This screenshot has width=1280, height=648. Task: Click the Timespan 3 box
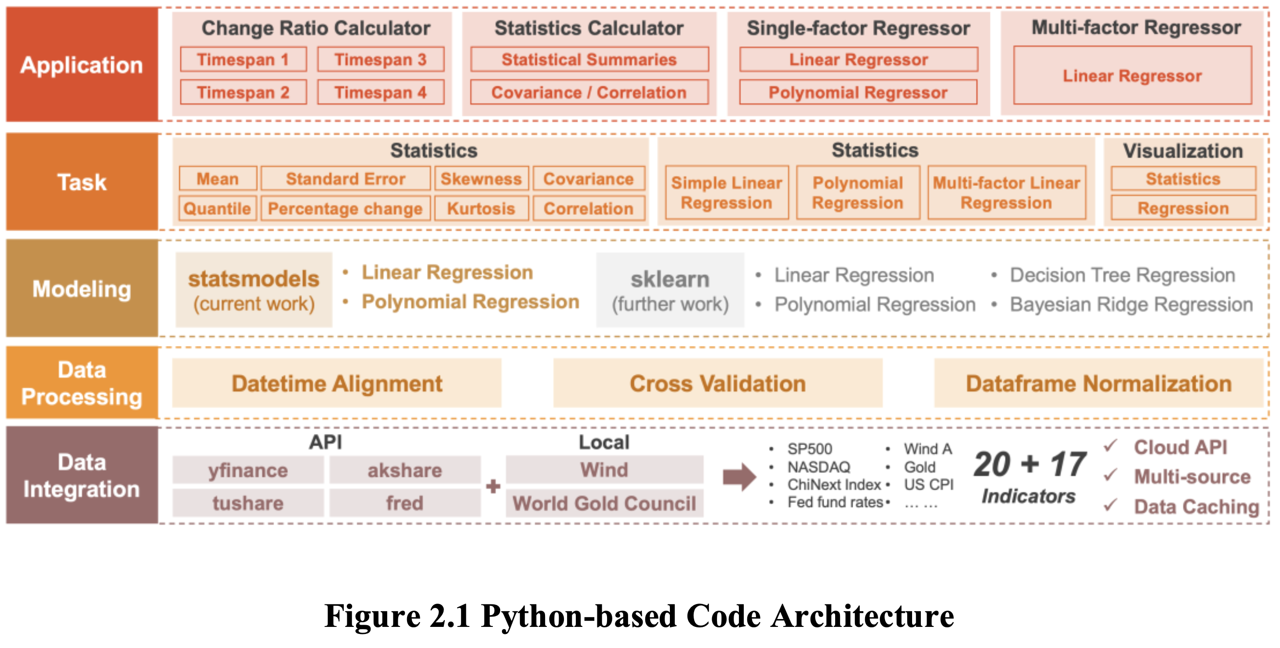381,60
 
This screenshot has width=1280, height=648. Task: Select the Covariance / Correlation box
589,92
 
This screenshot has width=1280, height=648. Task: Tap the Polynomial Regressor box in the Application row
858,92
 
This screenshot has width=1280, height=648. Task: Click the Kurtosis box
481,209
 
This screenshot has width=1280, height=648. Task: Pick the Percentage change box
345,209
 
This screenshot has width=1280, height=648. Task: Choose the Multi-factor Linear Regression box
1006,193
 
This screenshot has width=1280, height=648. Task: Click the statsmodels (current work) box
254,290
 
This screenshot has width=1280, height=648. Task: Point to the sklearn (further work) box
670,290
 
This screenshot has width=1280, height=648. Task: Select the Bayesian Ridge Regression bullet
1131,305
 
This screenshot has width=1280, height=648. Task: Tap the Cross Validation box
717,384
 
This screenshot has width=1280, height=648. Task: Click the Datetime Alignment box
337,384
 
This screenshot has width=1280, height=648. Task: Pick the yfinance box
248,470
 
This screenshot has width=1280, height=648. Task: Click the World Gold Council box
604,503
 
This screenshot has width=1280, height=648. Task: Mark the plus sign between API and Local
493,486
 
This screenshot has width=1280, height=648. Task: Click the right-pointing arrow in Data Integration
739,477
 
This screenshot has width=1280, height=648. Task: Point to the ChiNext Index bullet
834,484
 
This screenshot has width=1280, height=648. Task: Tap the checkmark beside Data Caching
1111,506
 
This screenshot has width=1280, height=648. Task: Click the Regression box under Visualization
1183,208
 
